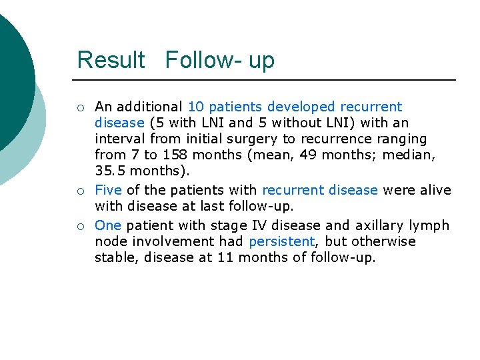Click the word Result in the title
[x=111, y=60]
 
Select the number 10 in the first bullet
[x=197, y=107]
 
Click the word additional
[x=151, y=107]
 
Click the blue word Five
[x=108, y=190]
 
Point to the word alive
[x=436, y=190]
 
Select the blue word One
[x=108, y=225]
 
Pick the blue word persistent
[x=281, y=241]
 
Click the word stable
[x=116, y=257]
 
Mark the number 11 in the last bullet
[x=225, y=257]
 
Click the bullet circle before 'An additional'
[x=81, y=107]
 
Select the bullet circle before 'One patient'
[x=81, y=226]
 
